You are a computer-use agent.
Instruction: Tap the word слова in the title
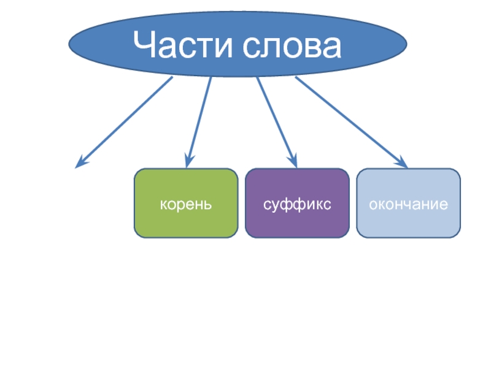[x=289, y=47]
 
